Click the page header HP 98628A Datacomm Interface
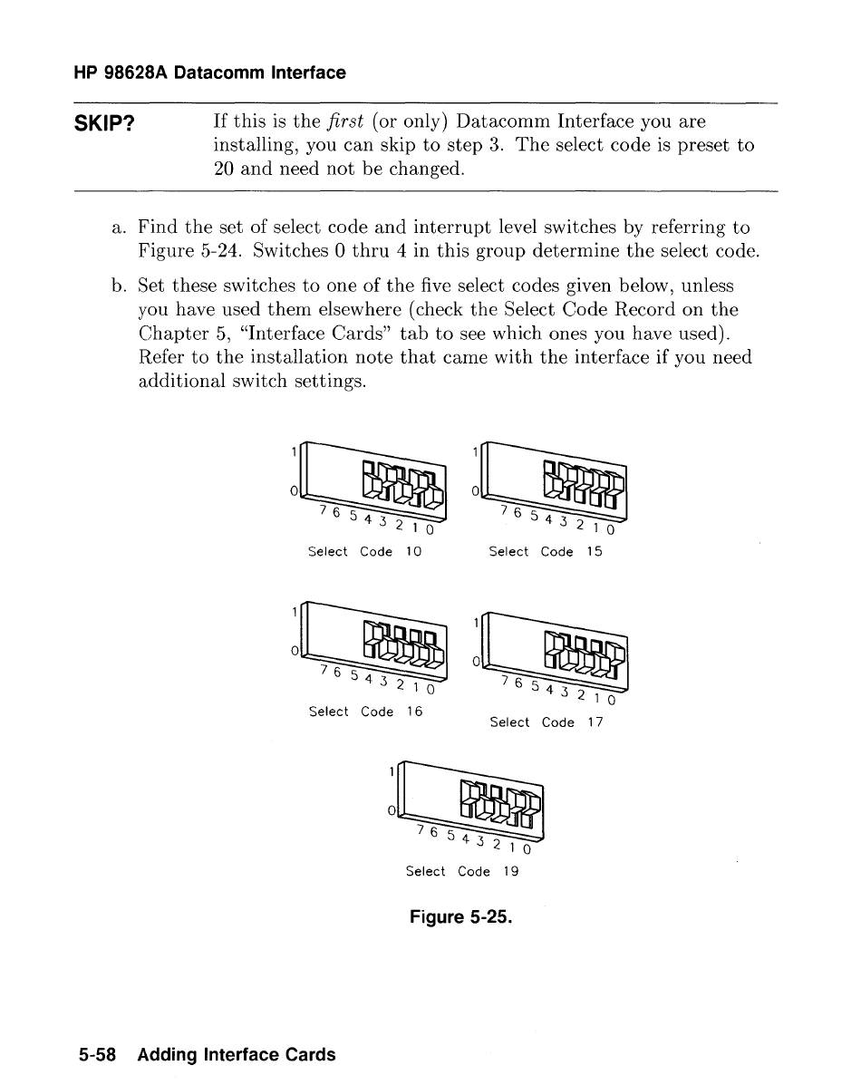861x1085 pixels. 209,73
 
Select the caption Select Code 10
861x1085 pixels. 364,551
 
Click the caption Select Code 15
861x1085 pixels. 545,551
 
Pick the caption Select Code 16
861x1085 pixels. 365,712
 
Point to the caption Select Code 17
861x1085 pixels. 545,722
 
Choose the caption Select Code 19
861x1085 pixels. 462,871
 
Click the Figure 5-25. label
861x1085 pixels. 461,917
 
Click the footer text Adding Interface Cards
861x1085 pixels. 237,1054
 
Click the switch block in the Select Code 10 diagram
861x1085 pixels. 403,483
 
